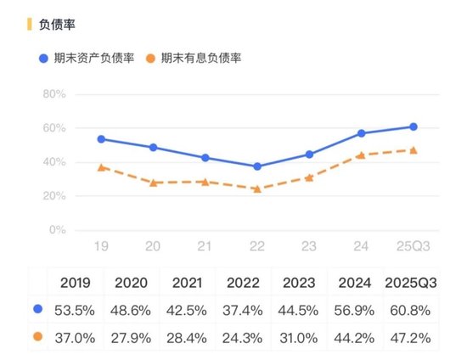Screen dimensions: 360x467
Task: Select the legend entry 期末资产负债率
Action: [x=89, y=58]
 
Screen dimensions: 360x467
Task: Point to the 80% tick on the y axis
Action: [x=54, y=94]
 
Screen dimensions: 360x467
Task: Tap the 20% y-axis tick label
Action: [x=54, y=196]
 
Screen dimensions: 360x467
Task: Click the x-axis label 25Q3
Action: [x=413, y=245]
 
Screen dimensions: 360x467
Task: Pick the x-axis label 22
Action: [x=257, y=245]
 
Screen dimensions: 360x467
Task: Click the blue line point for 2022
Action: [x=257, y=166]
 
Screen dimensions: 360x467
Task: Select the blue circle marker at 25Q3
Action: [x=414, y=127]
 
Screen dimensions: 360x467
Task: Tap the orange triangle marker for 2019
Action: [x=101, y=167]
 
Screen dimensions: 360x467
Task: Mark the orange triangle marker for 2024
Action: [x=361, y=155]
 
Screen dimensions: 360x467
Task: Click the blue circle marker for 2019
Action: [x=101, y=139]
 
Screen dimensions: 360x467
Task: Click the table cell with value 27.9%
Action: [x=132, y=336]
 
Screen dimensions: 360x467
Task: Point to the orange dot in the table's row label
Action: [x=36, y=336]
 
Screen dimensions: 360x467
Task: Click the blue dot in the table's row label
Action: [x=36, y=309]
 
